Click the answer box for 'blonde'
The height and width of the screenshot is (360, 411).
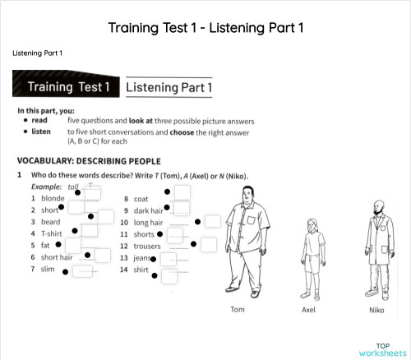94,193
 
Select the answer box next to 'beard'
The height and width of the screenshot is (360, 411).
105,217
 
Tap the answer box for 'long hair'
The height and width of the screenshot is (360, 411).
213,221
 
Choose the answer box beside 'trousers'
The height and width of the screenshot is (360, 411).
209,244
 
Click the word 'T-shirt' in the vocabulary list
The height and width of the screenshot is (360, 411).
50,233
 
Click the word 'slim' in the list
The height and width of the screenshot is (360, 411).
48,269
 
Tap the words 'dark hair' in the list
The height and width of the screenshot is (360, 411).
148,210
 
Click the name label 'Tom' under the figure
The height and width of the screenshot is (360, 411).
237,310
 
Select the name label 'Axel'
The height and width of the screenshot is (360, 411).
309,310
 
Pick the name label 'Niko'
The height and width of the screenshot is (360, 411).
376,310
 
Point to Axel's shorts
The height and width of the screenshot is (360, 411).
311,263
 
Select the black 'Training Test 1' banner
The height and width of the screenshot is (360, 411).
67,86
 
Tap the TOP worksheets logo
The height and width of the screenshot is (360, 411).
382,349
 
